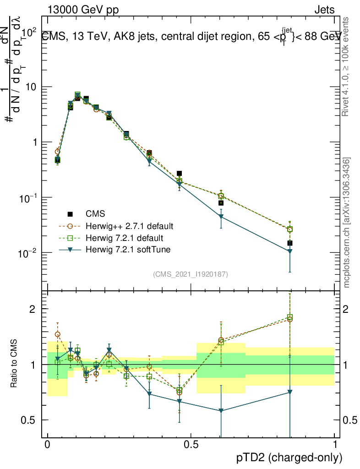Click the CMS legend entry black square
(70, 214)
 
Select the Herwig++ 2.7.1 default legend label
(129, 226)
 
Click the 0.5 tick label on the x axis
(191, 445)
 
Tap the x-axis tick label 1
(335, 445)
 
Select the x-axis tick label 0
(47, 445)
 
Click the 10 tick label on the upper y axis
(31, 87)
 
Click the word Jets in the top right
(324, 10)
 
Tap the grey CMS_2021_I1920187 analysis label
(191, 274)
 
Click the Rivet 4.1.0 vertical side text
(347, 66)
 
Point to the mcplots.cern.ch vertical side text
(347, 222)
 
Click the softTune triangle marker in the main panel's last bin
(289, 251)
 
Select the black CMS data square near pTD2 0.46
(180, 174)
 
